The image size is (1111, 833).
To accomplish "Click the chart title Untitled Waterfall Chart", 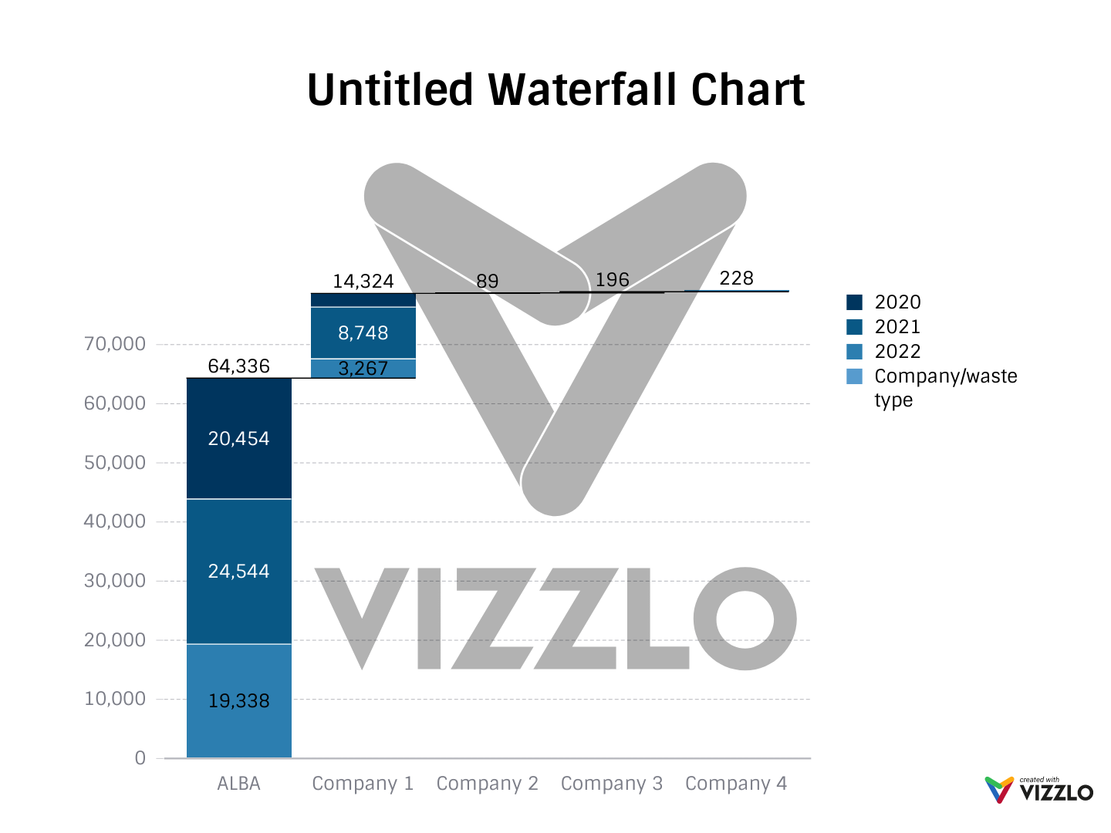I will [x=555, y=89].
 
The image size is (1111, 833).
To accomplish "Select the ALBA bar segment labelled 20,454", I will [x=239, y=438].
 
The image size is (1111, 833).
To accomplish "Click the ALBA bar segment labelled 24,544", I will [x=239, y=571].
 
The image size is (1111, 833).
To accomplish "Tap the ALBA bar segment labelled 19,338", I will [x=239, y=700].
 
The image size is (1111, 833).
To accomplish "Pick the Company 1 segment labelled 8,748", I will [x=363, y=332].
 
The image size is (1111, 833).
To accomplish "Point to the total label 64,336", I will [x=239, y=366].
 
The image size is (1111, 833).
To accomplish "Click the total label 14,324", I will [x=363, y=281].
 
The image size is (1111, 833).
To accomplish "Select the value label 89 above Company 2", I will [x=487, y=281].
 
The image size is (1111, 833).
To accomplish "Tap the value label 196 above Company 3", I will [x=612, y=279].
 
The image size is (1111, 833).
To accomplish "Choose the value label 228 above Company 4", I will [x=736, y=278].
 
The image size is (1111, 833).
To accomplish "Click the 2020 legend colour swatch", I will [x=854, y=302].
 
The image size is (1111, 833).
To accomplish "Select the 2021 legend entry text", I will [x=897, y=326].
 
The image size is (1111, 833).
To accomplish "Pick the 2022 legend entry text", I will [x=897, y=351].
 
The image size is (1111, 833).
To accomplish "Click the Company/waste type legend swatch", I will [x=854, y=376].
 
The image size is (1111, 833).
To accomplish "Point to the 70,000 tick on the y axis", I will [x=114, y=344].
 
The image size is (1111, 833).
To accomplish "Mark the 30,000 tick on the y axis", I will [x=114, y=581].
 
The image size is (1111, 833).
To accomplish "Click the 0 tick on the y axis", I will [x=140, y=758].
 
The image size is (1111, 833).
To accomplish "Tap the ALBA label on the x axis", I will [x=239, y=784].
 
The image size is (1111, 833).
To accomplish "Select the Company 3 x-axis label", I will [x=612, y=784].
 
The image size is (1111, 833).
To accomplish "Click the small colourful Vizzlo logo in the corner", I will [x=999, y=790].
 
